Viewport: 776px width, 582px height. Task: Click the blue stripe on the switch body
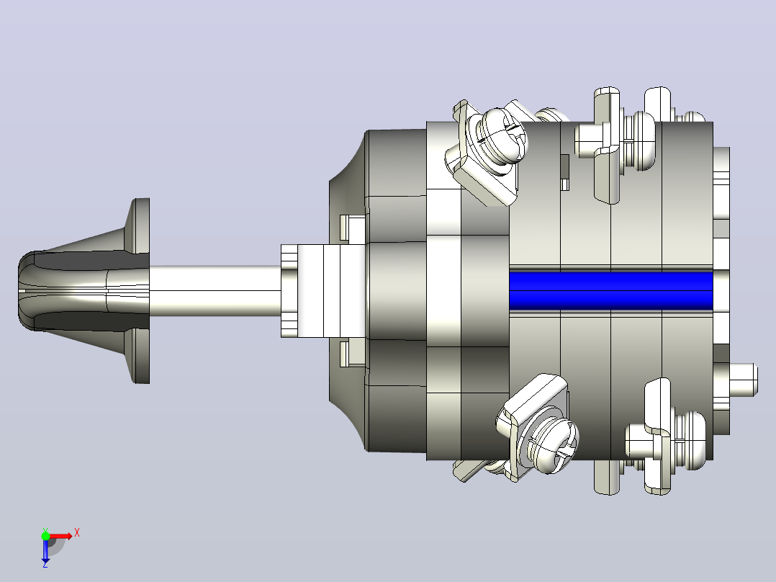pyautogui.click(x=610, y=291)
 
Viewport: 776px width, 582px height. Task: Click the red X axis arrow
pyautogui.click(x=60, y=536)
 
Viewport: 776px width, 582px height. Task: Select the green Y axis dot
pyautogui.click(x=45, y=536)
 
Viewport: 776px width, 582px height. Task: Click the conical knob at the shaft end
pyautogui.click(x=84, y=291)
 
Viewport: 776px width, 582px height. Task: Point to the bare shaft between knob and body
pyautogui.click(x=215, y=291)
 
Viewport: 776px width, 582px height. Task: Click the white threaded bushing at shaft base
pyautogui.click(x=323, y=291)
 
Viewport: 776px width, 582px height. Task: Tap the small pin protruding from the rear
pyautogui.click(x=743, y=380)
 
